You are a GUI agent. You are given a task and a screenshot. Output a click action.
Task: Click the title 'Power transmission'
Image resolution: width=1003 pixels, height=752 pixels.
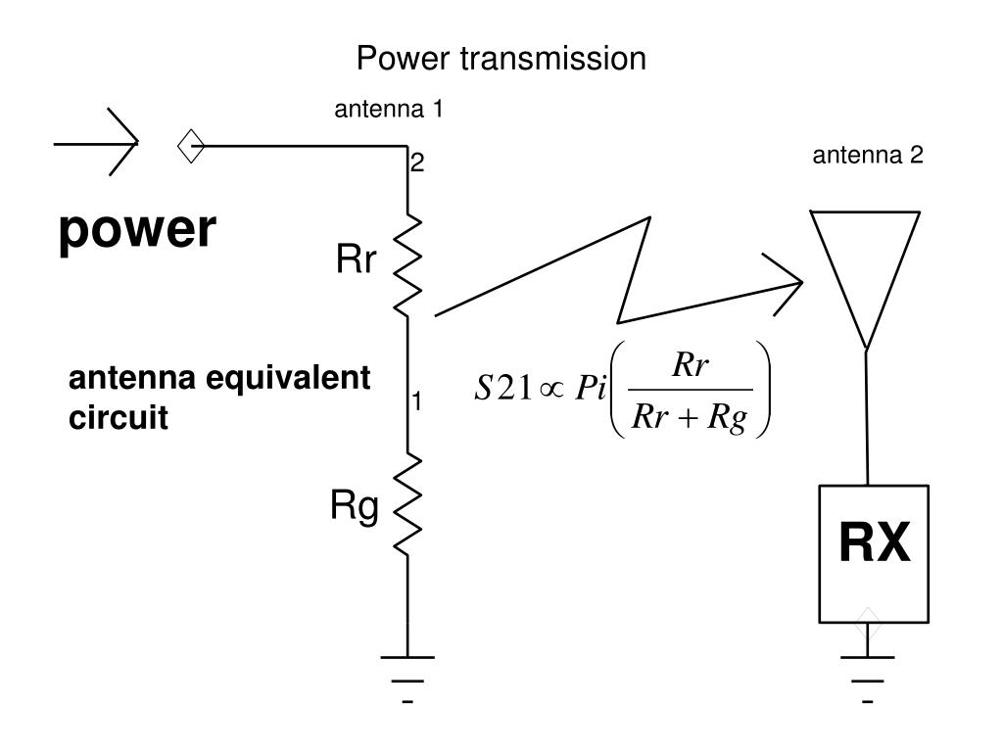501,58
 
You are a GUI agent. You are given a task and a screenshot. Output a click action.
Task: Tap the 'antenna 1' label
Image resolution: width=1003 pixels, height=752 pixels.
388,110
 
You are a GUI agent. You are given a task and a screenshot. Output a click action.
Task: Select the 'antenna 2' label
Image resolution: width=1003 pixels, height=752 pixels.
868,156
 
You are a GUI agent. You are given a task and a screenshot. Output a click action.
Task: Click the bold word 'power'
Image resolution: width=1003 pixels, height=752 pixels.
137,230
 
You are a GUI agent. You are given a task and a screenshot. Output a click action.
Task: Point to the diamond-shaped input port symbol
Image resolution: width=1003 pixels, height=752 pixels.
191,146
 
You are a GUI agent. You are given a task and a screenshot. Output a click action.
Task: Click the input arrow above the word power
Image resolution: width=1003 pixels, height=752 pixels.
96,142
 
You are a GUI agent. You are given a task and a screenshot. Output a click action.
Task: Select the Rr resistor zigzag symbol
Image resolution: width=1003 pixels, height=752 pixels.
407,265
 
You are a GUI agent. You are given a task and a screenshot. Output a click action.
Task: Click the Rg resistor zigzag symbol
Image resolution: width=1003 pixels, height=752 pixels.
407,504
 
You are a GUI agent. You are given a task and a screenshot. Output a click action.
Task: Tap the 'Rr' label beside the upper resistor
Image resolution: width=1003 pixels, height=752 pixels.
356,258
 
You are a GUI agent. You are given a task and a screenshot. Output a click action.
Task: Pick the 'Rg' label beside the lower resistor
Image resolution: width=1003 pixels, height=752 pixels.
354,506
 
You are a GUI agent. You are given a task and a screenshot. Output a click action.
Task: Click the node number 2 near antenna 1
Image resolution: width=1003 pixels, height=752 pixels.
417,164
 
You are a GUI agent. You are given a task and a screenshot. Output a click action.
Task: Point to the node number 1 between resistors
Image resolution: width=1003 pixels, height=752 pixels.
416,400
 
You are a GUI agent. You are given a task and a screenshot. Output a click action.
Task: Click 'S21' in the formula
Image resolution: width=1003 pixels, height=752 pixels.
502,388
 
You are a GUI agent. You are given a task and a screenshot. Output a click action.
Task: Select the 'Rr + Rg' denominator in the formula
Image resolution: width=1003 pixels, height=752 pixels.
689,417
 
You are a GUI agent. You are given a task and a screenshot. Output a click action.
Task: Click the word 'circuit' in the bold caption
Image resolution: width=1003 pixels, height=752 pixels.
119,418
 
